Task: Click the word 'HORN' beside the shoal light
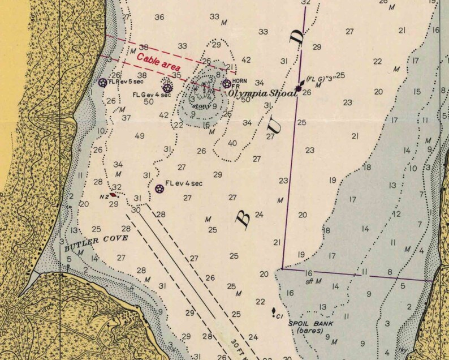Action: pyautogui.click(x=240, y=80)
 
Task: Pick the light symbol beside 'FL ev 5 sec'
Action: pyautogui.click(x=102, y=83)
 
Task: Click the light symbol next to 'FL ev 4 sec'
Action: pyautogui.click(x=159, y=188)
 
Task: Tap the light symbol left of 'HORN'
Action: pyautogui.click(x=227, y=84)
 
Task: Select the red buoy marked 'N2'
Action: pyautogui.click(x=113, y=194)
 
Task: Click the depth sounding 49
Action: pyautogui.click(x=140, y=136)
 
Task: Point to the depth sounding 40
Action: pyautogui.click(x=232, y=143)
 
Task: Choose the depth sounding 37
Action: pyautogui.click(x=126, y=118)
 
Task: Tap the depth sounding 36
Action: pyautogui.click(x=159, y=18)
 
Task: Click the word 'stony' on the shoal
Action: pyautogui.click(x=201, y=105)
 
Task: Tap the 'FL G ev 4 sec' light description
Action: pyautogui.click(x=152, y=95)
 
